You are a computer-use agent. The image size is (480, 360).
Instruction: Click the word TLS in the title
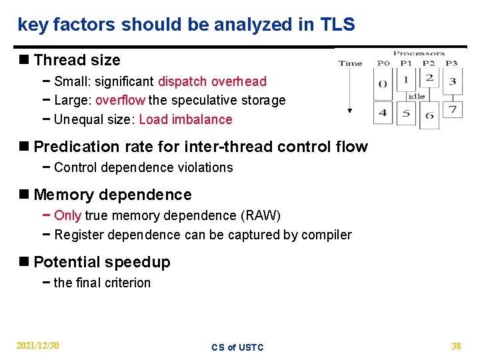click(x=337, y=25)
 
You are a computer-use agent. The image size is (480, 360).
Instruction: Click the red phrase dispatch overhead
click(x=212, y=81)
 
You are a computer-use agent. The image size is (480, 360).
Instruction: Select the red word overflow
click(x=120, y=101)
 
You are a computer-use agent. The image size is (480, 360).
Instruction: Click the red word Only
click(x=67, y=215)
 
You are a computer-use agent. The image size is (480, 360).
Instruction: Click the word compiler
click(x=326, y=235)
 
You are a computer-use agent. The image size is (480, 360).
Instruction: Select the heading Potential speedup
click(x=101, y=263)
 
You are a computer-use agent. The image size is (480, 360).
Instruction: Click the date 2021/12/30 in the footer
click(x=38, y=345)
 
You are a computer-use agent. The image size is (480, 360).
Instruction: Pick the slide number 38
click(x=456, y=346)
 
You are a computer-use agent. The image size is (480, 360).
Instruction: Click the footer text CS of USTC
click(x=237, y=347)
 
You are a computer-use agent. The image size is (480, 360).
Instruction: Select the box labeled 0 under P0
click(x=382, y=84)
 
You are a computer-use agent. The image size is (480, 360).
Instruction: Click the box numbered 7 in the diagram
click(x=452, y=109)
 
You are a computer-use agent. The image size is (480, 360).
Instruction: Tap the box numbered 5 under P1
click(x=406, y=113)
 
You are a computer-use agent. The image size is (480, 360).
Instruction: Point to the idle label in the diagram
click(x=416, y=97)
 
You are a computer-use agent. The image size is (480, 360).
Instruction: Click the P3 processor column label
click(x=451, y=64)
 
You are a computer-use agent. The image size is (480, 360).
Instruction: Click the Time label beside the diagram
click(x=350, y=64)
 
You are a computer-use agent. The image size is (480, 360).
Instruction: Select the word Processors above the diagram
click(x=419, y=53)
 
